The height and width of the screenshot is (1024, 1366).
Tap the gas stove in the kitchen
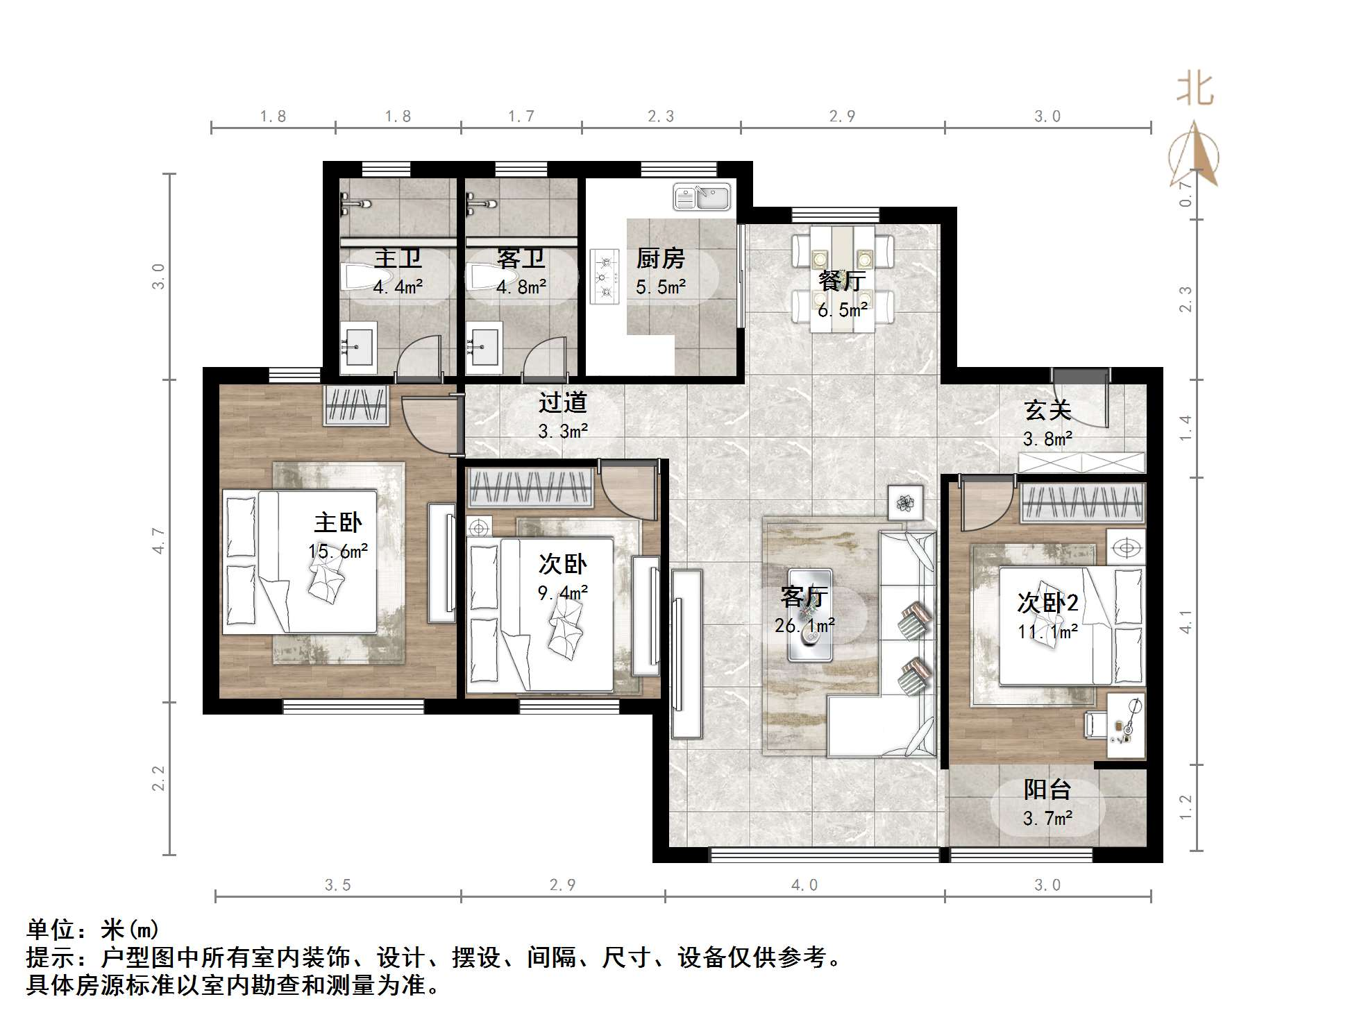(604, 277)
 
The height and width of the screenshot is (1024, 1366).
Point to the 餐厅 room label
(841, 281)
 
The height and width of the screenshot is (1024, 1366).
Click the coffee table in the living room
(809, 615)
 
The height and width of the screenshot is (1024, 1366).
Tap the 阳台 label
(1047, 789)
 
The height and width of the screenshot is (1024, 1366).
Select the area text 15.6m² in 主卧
(338, 552)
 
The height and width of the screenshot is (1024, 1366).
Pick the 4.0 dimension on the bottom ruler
(804, 885)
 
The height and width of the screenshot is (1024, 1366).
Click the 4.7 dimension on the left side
(159, 540)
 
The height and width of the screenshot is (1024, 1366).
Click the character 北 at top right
(1195, 90)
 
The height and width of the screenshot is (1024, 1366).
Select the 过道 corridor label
(562, 402)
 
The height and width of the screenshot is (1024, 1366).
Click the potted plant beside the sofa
(905, 502)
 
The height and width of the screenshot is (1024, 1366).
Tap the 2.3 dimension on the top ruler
(660, 117)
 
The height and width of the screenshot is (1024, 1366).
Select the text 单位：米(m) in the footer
(93, 929)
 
